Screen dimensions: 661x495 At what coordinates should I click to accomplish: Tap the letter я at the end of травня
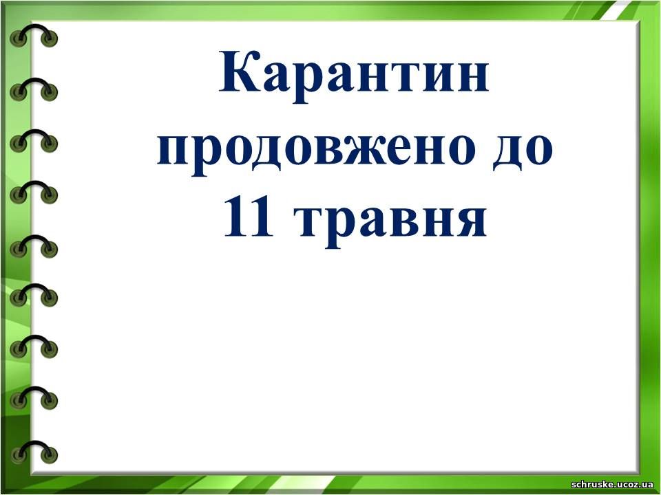point(470,221)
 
